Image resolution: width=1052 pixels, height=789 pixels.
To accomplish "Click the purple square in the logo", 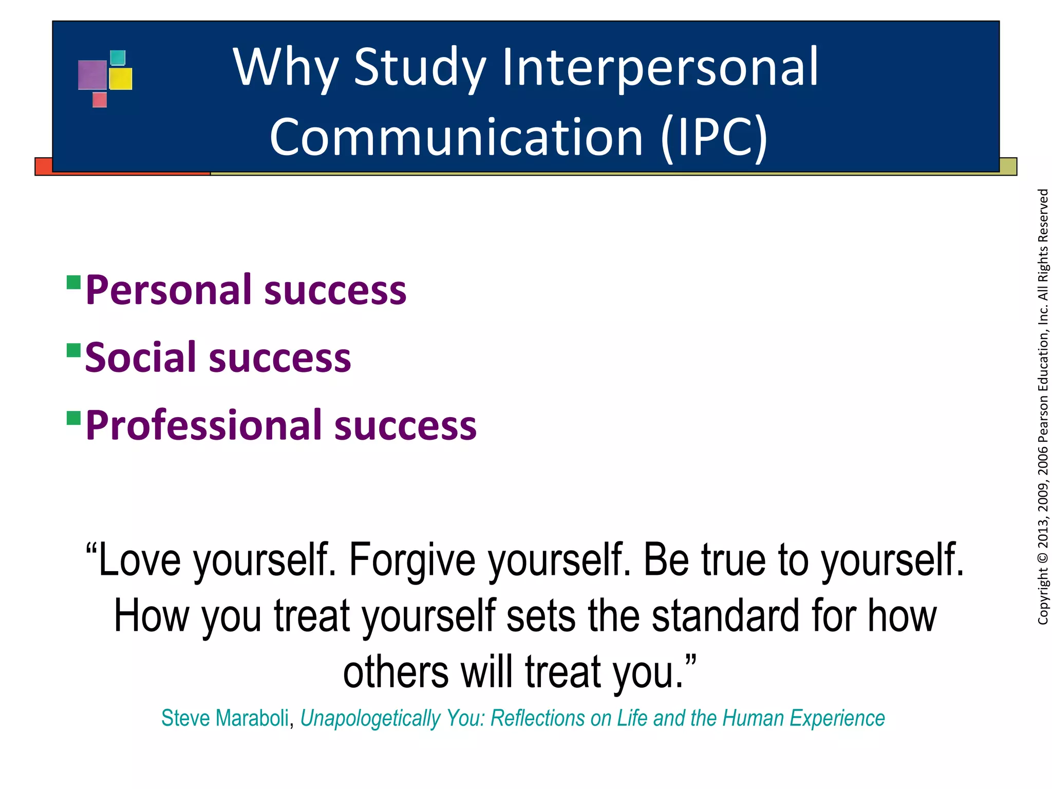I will click(x=92, y=75).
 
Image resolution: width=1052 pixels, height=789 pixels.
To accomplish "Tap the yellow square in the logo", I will click(x=121, y=79).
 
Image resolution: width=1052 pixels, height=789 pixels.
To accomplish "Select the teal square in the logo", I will click(x=118, y=58).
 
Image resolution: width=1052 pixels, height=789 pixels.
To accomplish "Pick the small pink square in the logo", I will click(x=100, y=100).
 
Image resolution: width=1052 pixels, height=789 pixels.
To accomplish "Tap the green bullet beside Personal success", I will click(x=74, y=283).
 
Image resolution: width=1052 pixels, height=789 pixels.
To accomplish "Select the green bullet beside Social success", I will click(x=74, y=350).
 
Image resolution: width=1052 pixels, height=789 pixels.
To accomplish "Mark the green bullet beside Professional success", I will click(x=74, y=418).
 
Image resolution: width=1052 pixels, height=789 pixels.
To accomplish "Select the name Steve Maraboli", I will click(x=225, y=718).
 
